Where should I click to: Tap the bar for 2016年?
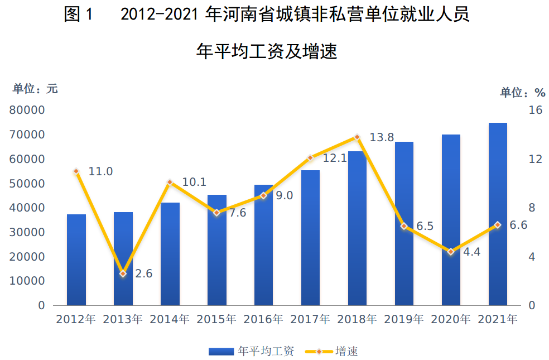(263, 245)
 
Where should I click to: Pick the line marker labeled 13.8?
(357, 137)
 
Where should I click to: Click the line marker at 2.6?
(123, 273)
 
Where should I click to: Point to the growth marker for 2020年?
(451, 252)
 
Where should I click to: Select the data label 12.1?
(335, 159)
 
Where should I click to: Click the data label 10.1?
(194, 183)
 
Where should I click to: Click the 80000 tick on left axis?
(27, 110)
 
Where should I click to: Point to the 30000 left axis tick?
(27, 232)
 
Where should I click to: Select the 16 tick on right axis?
(535, 110)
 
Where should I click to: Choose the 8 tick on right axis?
(532, 208)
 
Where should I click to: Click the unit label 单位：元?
(35, 89)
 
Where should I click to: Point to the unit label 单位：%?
(522, 92)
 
